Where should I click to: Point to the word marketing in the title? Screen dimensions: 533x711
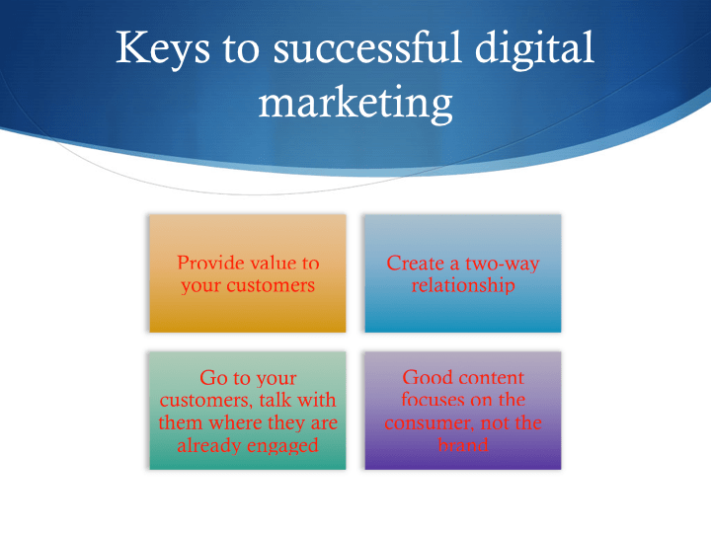(x=355, y=103)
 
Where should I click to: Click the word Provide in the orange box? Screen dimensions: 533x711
(x=208, y=264)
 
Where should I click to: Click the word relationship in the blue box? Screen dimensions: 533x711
(x=463, y=286)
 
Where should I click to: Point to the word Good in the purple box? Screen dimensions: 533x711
(x=429, y=378)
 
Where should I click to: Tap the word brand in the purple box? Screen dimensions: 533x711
(x=463, y=445)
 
